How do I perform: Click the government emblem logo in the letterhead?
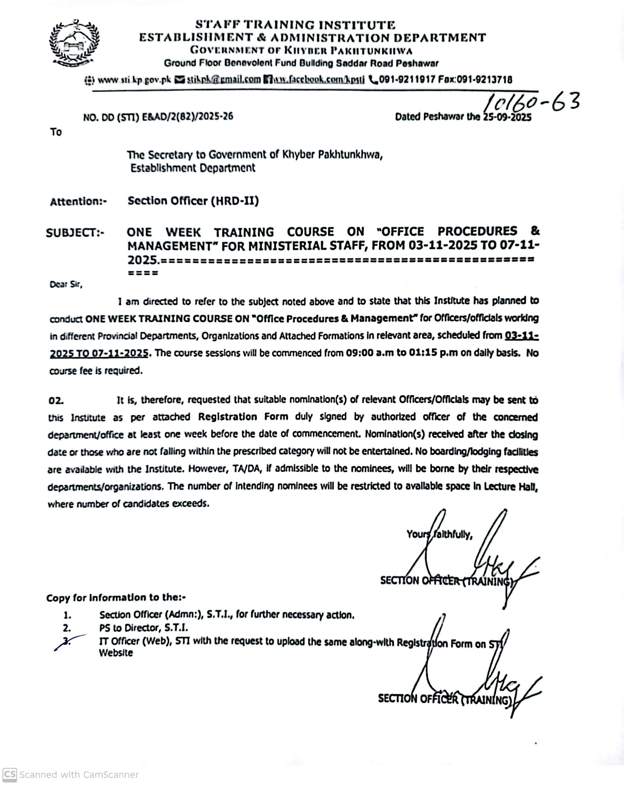pyautogui.click(x=74, y=43)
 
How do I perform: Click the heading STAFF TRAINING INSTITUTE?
pyautogui.click(x=295, y=25)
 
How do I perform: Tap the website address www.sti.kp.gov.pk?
pyautogui.click(x=134, y=80)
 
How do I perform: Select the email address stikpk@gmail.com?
pyautogui.click(x=224, y=79)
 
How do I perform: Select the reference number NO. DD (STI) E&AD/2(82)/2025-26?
pyautogui.click(x=158, y=117)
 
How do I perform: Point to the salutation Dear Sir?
pyautogui.click(x=66, y=284)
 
